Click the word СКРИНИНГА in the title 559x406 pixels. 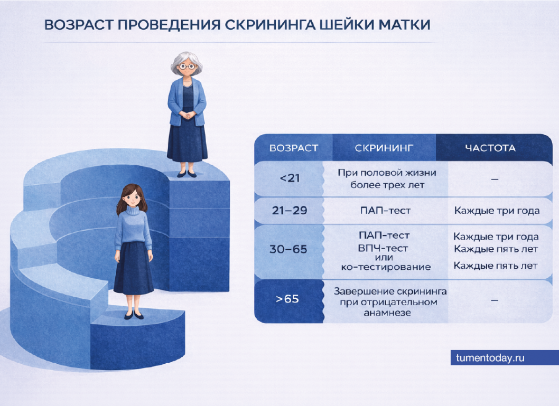(270, 25)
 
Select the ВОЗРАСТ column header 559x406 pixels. (294, 148)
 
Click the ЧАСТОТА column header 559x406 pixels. (490, 148)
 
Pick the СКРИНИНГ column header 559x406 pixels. (384, 148)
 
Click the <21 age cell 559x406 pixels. (290, 178)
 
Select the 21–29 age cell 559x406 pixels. (290, 211)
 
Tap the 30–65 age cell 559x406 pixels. (288, 249)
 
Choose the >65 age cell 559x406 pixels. (287, 299)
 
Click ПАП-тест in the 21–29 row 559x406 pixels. (385, 211)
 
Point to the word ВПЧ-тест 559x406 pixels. (383, 248)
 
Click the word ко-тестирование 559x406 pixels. (386, 267)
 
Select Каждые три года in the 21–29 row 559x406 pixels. (497, 211)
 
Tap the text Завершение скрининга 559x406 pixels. (390, 291)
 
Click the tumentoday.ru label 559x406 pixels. (490, 358)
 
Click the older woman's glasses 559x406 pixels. (187, 66)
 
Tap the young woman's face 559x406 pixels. (132, 196)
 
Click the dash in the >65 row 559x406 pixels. (495, 300)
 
